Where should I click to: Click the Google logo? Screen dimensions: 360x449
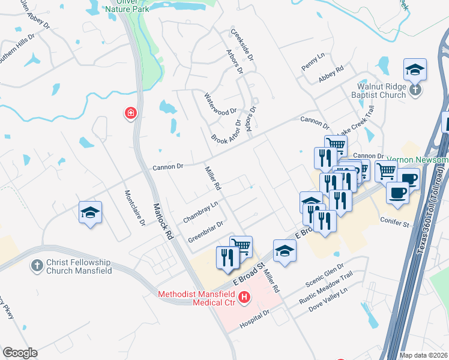point(20,353)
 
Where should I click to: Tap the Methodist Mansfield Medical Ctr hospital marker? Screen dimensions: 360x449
point(244,297)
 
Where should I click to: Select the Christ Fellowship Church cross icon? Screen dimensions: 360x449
point(37,265)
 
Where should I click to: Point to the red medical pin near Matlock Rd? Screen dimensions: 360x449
point(130,113)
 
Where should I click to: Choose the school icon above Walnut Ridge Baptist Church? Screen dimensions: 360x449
point(415,70)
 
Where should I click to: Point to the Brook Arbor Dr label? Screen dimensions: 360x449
point(226,131)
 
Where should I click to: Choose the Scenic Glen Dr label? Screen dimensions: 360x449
point(325,274)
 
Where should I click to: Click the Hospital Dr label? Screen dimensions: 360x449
point(256,319)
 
